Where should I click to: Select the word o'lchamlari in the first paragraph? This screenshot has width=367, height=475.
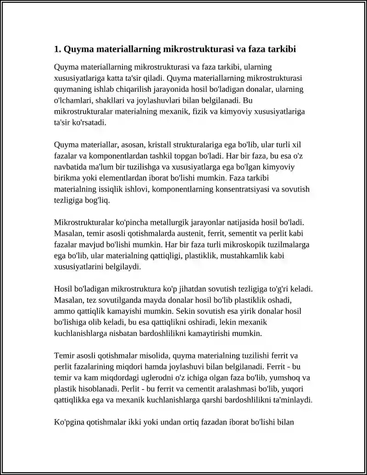pos(73,100)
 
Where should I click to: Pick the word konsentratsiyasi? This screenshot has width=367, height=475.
pos(239,189)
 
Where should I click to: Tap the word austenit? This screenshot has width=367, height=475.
pos(174,234)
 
